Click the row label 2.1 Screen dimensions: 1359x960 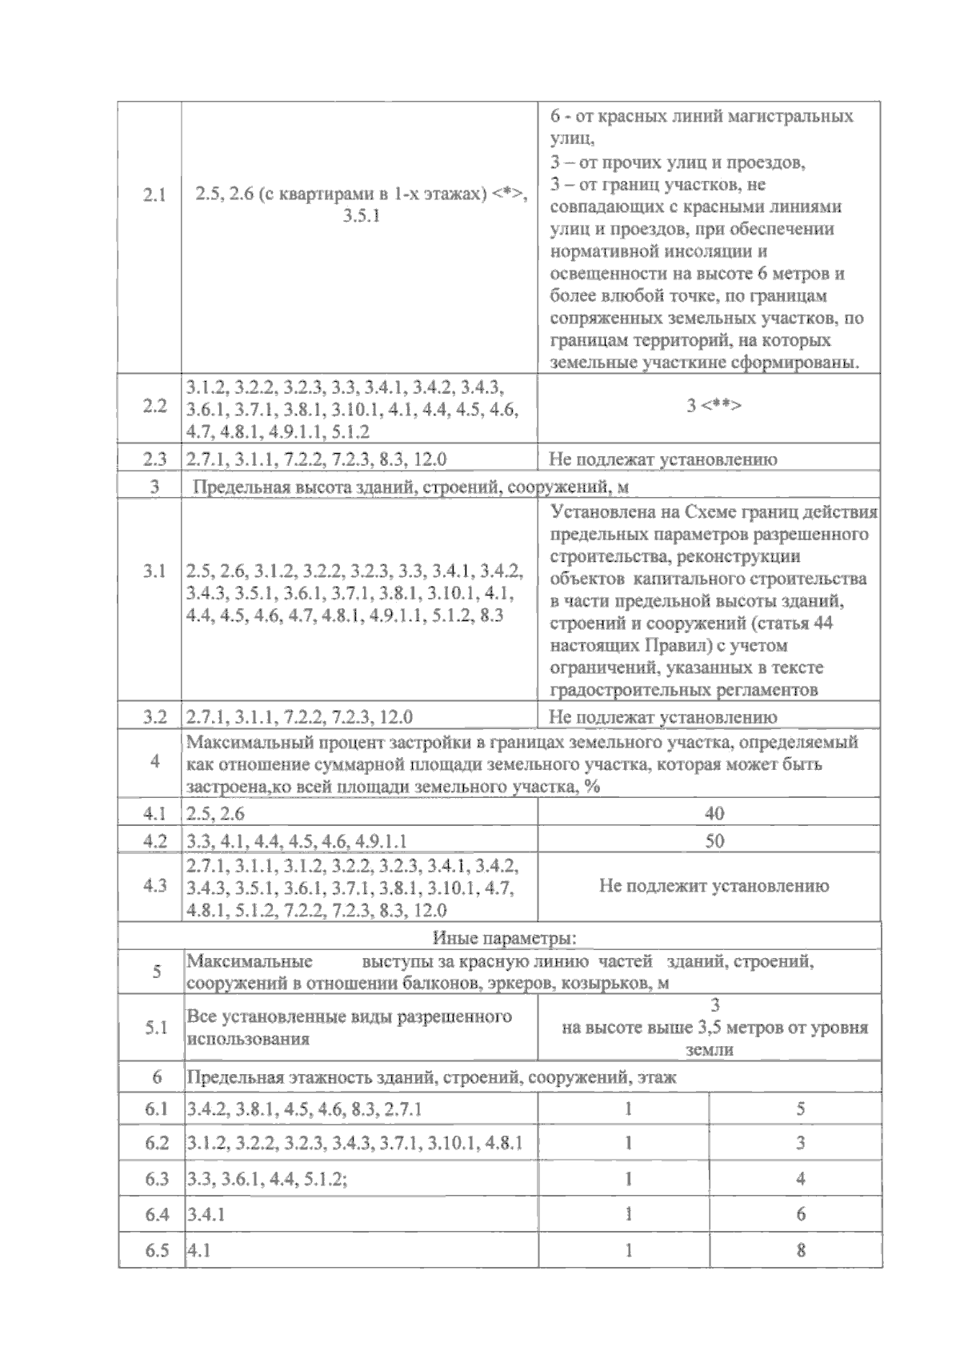154,195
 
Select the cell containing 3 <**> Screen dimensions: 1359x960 714,406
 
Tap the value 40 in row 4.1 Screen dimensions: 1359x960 714,814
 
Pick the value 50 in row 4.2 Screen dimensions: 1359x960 714,841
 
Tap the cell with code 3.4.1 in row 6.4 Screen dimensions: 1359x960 206,1214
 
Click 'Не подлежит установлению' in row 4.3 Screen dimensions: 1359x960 714,886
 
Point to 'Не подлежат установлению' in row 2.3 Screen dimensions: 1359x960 662,459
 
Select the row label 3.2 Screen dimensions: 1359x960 154,717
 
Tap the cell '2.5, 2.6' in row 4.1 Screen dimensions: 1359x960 215,814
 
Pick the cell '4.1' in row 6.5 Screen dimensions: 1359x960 198,1250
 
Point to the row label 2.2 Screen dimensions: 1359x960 154,406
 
